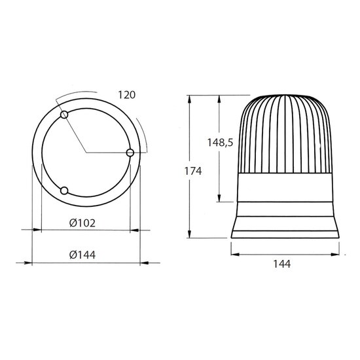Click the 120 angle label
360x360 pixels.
(127, 95)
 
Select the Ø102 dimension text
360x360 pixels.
(82, 223)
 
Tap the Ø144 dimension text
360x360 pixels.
(82, 255)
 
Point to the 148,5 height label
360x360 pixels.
(220, 143)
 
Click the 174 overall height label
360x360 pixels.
(193, 171)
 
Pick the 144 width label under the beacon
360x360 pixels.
(282, 264)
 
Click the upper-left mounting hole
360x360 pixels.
(64, 115)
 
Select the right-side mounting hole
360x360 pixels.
(130, 153)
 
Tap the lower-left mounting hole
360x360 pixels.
(64, 190)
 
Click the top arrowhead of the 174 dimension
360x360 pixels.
(189, 99)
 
